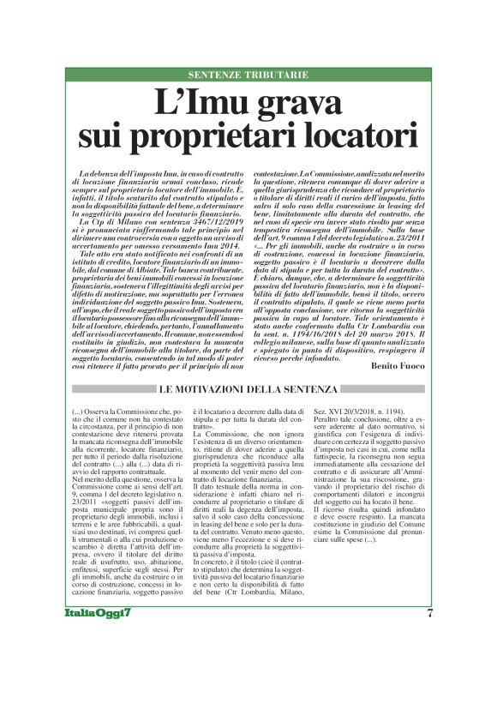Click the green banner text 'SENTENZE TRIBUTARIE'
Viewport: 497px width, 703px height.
click(248, 75)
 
